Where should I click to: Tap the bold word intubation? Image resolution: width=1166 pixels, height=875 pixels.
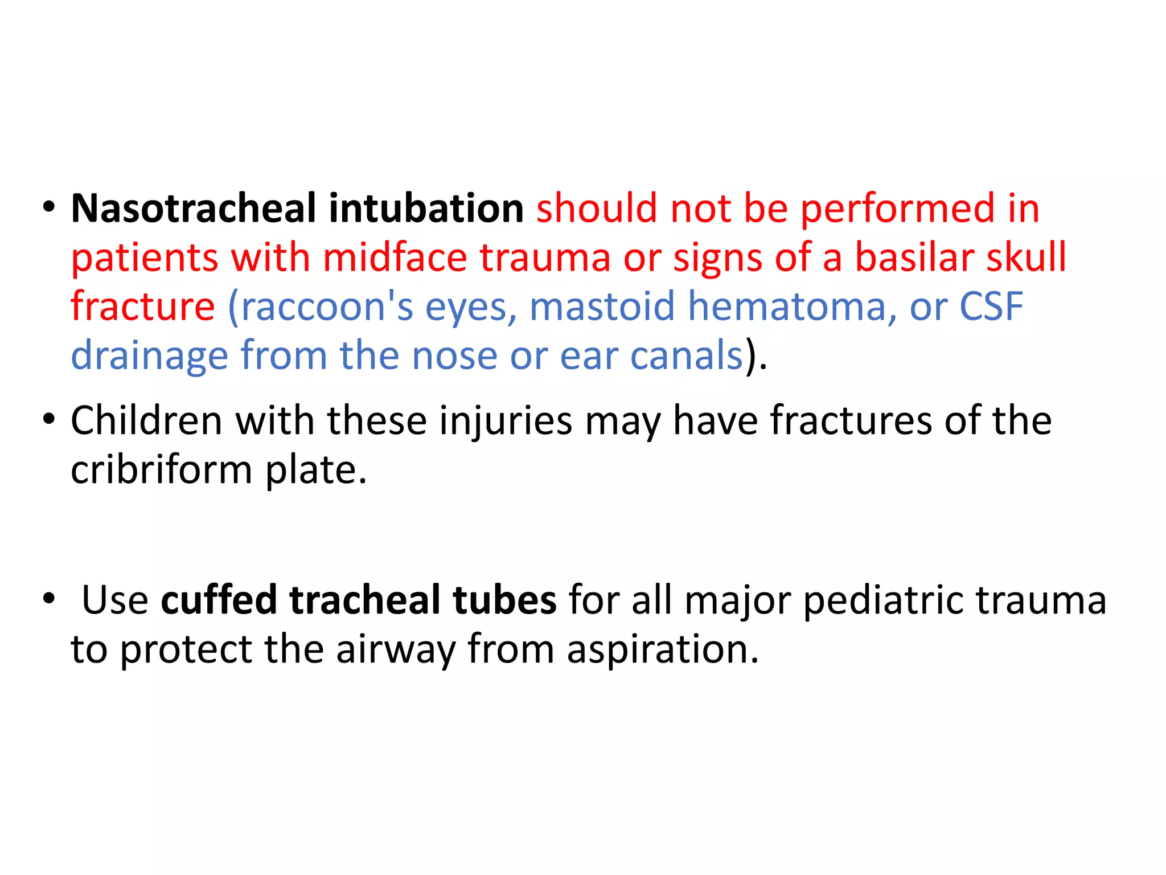[426, 208]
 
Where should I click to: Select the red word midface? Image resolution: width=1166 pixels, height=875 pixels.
[395, 257]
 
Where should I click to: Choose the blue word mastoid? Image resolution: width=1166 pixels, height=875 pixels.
[602, 306]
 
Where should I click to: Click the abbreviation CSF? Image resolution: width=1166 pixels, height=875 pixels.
[991, 306]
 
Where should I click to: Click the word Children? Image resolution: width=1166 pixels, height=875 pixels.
[146, 420]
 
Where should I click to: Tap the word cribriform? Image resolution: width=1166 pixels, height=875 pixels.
[161, 471]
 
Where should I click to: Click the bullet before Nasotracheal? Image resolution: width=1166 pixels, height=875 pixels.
[49, 207]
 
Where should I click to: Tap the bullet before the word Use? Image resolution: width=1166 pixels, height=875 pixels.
[49, 599]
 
